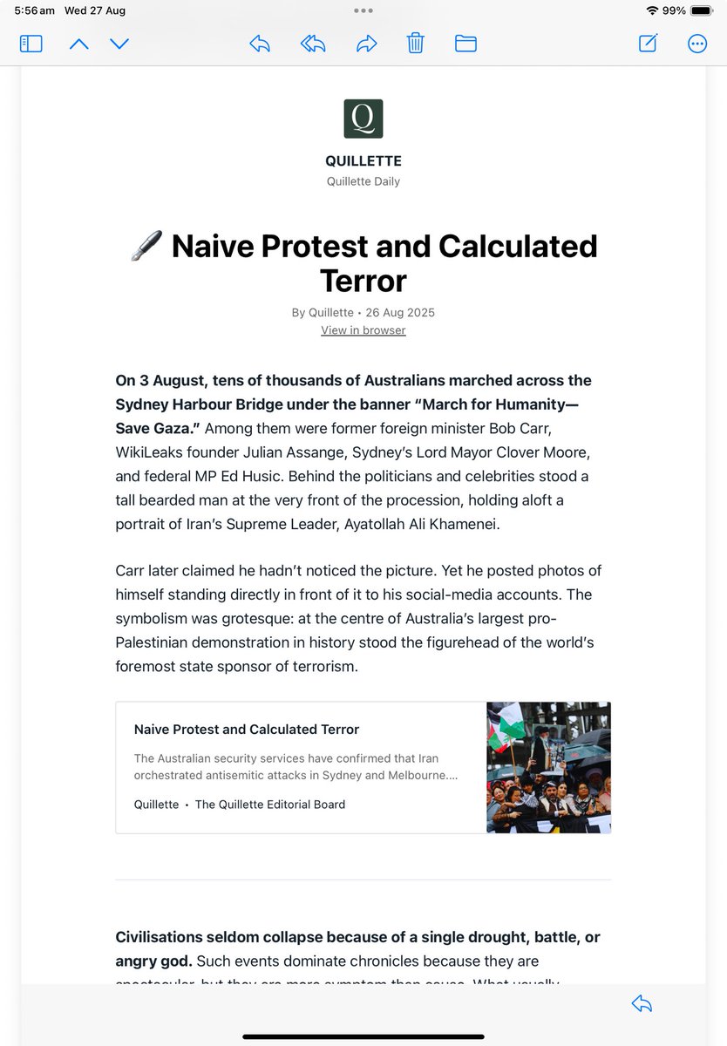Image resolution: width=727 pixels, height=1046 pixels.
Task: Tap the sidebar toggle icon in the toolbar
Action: pos(31,44)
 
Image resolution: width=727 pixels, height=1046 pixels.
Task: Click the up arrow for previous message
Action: pos(79,44)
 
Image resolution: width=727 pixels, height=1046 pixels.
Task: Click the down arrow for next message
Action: pos(119,44)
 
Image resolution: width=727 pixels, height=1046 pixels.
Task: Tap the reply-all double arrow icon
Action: pos(313,44)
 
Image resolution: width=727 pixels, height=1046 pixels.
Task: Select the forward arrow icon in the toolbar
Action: pos(367,44)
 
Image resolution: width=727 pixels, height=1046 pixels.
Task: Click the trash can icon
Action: pos(416,43)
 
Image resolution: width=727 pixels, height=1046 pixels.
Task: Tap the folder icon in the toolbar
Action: pos(465,44)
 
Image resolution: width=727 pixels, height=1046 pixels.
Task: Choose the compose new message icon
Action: pos(648,44)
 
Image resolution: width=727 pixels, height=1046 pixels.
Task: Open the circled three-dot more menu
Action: pos(697,44)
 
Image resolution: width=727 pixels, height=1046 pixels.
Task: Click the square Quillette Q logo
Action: pos(363,119)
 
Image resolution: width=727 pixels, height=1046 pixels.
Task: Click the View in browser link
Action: pos(363,330)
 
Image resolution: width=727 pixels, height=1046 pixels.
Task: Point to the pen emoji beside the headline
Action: pos(146,247)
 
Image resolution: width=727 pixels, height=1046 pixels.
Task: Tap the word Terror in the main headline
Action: pos(363,281)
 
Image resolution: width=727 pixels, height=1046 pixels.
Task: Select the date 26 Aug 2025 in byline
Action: pos(400,312)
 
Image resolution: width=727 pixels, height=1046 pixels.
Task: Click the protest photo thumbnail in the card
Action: pos(548,767)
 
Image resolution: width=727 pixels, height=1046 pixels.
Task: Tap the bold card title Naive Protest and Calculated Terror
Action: pos(247,730)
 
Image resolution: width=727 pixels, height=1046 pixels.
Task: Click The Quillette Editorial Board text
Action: pos(270,805)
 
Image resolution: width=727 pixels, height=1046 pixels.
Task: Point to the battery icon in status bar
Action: pos(702,10)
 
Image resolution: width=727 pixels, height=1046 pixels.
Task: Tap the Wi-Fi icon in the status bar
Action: pos(652,10)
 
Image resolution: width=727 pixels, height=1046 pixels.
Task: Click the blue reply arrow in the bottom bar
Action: pos(642,1004)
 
